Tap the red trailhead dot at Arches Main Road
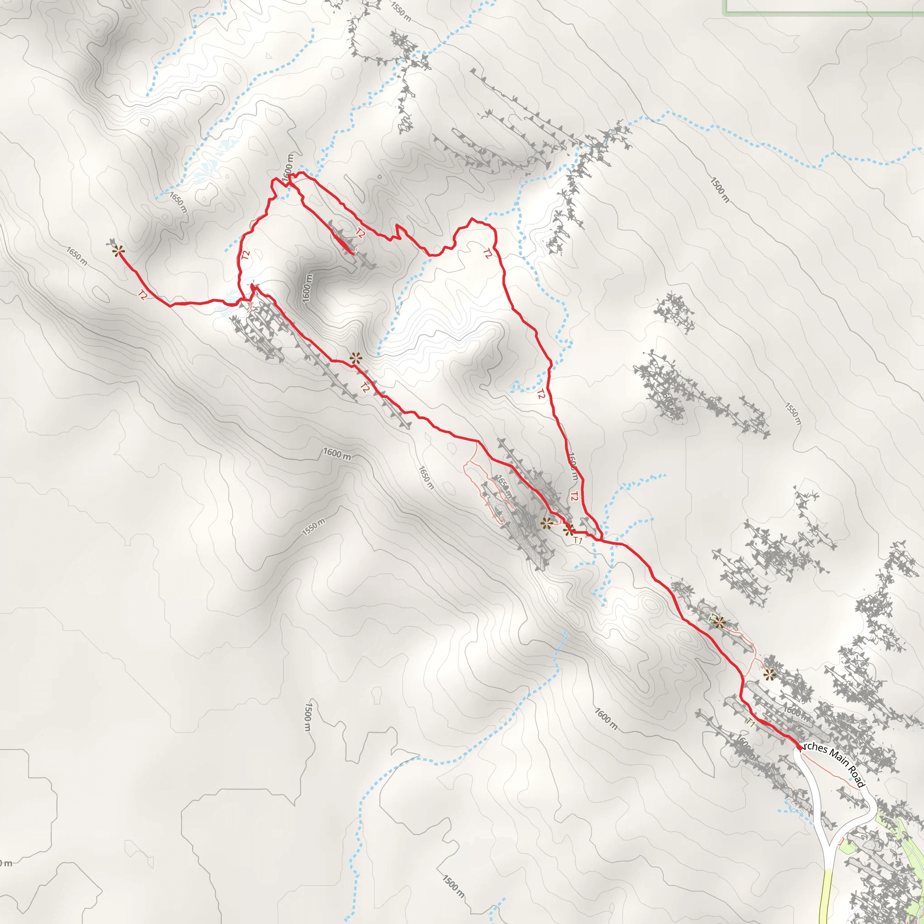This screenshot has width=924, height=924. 799,747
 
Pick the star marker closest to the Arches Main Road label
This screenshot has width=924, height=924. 769,675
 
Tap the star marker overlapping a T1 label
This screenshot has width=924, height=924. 719,622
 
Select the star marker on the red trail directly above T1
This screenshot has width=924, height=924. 568,529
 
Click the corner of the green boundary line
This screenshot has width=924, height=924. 727,13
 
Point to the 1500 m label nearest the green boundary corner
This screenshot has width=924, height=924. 720,190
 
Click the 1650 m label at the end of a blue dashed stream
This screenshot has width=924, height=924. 178,202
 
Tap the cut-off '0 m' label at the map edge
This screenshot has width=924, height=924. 6,863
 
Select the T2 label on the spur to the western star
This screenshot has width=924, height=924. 143,295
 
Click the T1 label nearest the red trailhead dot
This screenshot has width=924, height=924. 750,724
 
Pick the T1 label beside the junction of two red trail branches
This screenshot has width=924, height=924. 578,541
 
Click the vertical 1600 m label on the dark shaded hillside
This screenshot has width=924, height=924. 307,288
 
